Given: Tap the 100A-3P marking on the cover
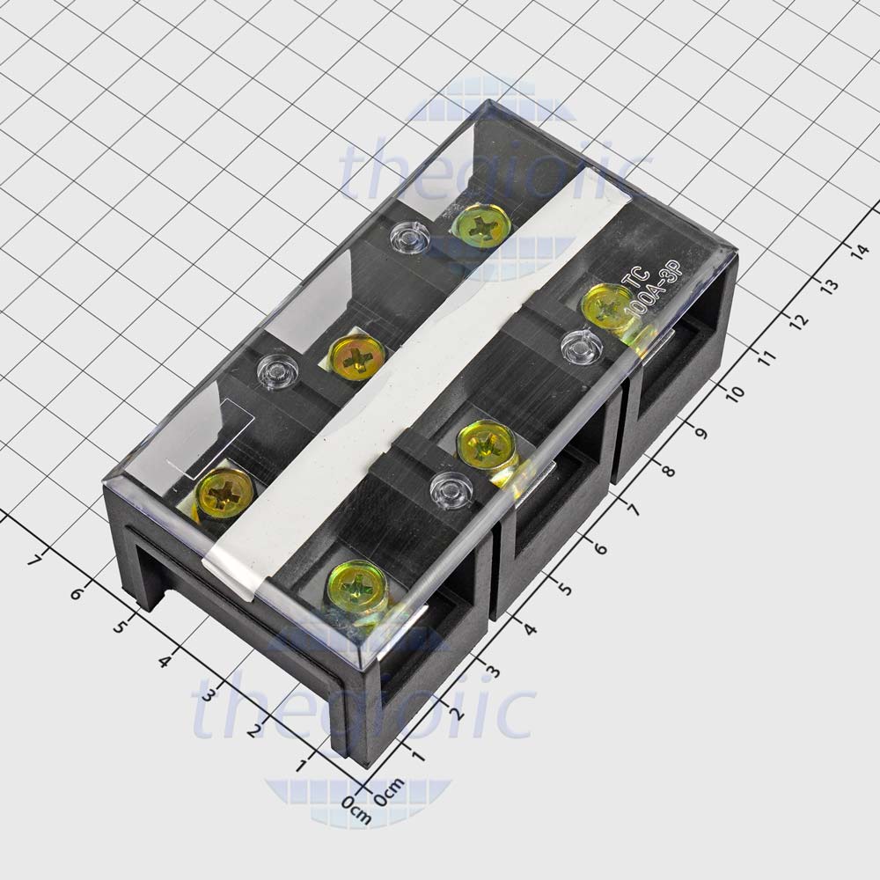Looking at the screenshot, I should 646,304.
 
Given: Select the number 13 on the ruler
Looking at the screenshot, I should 828,286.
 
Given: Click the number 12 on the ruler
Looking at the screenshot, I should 799,321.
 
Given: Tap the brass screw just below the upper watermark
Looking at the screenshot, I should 480,226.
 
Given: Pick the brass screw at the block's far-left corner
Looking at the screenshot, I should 226,493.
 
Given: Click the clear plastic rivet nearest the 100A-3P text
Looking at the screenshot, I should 579,347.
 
